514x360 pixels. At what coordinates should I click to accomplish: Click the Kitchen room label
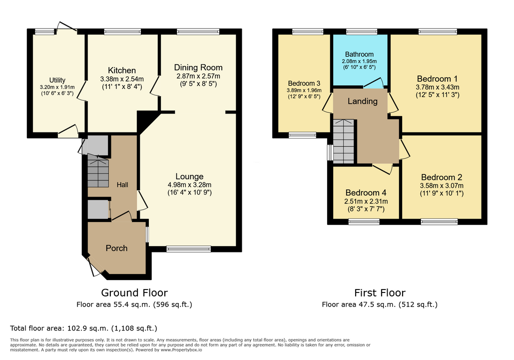pyautogui.click(x=122, y=70)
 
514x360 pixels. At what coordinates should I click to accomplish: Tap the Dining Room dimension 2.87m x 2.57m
pyautogui.click(x=198, y=76)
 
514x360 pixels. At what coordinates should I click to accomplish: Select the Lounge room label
pyautogui.click(x=189, y=176)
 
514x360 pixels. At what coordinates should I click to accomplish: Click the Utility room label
pyautogui.click(x=57, y=80)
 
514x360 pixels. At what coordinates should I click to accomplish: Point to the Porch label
pyautogui.click(x=116, y=248)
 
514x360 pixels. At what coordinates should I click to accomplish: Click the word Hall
pyautogui.click(x=122, y=185)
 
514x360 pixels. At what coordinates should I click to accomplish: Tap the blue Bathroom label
pyautogui.click(x=359, y=54)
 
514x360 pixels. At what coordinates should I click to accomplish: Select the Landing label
pyautogui.click(x=363, y=101)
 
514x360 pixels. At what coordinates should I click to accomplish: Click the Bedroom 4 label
pyautogui.click(x=366, y=192)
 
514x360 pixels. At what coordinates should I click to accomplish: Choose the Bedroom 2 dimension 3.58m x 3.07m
pyautogui.click(x=442, y=185)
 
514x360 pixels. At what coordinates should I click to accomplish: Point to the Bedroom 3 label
pyautogui.click(x=304, y=83)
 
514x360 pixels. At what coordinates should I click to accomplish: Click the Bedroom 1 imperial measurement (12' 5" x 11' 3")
pyautogui.click(x=438, y=95)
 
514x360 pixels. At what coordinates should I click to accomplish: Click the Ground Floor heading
pyautogui.click(x=134, y=292)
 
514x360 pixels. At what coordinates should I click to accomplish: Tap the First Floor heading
pyautogui.click(x=380, y=292)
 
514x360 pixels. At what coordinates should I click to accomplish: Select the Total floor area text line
pyautogui.click(x=83, y=328)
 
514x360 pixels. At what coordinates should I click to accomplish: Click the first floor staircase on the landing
pyautogui.click(x=344, y=141)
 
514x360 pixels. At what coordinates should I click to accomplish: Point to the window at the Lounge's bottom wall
pyautogui.click(x=188, y=249)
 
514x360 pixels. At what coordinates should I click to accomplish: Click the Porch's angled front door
pyautogui.click(x=95, y=266)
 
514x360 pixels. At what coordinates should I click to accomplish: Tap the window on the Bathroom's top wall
pyautogui.click(x=362, y=31)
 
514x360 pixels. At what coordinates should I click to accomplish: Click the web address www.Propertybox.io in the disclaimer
pyautogui.click(x=181, y=350)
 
